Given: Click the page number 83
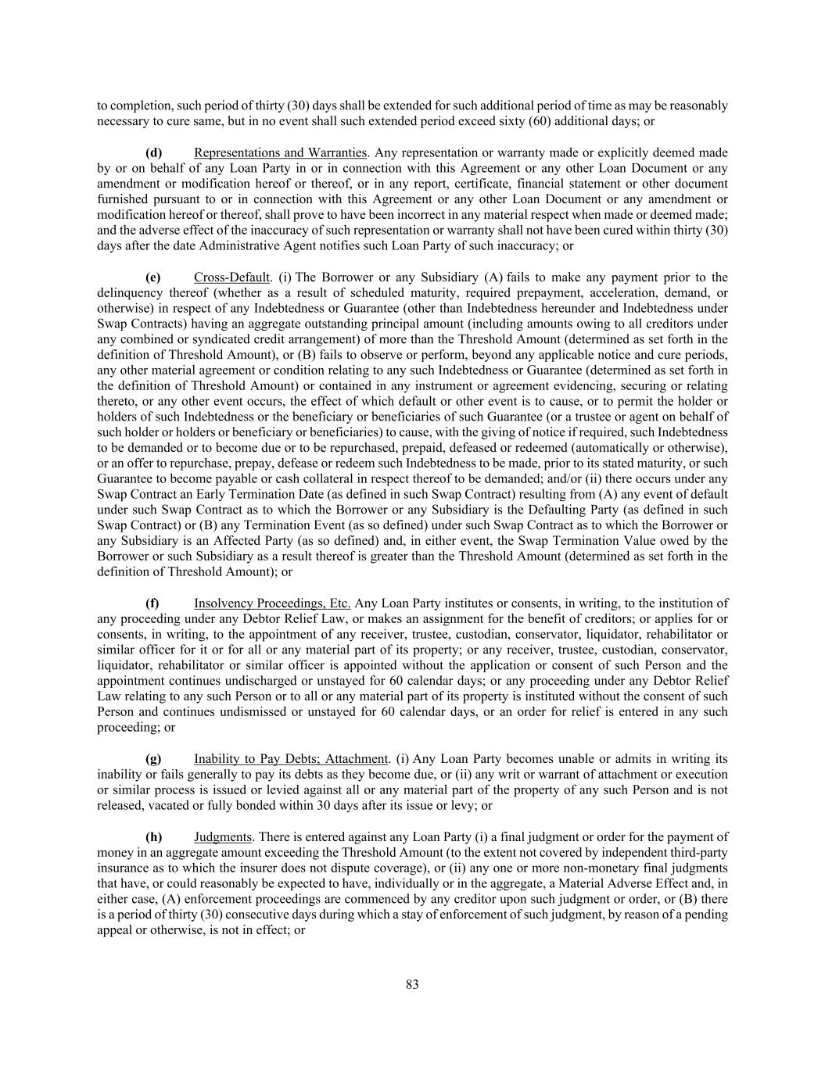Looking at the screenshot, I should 412,984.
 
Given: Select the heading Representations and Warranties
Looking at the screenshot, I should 280,152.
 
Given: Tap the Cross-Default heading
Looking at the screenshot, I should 231,277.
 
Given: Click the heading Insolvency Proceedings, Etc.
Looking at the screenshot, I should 272,603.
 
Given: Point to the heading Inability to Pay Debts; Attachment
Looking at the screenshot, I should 291,758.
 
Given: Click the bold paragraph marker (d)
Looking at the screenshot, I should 153,152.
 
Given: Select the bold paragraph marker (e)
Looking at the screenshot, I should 153,277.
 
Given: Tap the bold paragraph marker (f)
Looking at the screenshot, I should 152,603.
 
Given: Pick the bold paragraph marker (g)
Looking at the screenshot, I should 153,758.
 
